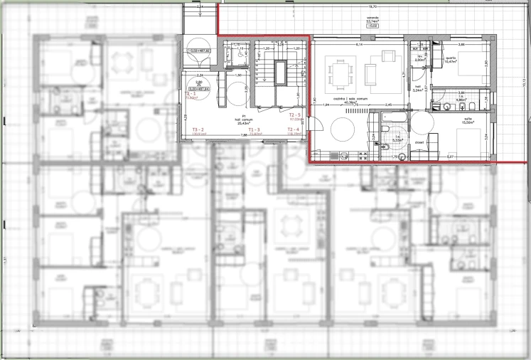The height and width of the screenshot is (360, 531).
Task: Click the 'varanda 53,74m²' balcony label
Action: tap(371, 22)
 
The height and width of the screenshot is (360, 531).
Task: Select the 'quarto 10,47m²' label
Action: tap(450, 60)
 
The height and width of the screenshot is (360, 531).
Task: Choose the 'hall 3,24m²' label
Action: tap(419, 89)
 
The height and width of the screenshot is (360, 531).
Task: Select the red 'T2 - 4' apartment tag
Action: tap(295, 129)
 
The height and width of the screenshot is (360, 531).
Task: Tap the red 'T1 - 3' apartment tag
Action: tap(254, 129)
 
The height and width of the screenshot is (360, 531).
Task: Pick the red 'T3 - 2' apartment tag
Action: tap(199, 129)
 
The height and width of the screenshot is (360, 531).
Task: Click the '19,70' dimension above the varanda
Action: tap(372, 6)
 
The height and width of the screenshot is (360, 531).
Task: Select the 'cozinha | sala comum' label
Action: tap(350, 100)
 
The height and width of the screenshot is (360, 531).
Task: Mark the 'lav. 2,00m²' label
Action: tap(419, 59)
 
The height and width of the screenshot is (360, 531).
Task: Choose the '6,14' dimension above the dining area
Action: tap(360, 45)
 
